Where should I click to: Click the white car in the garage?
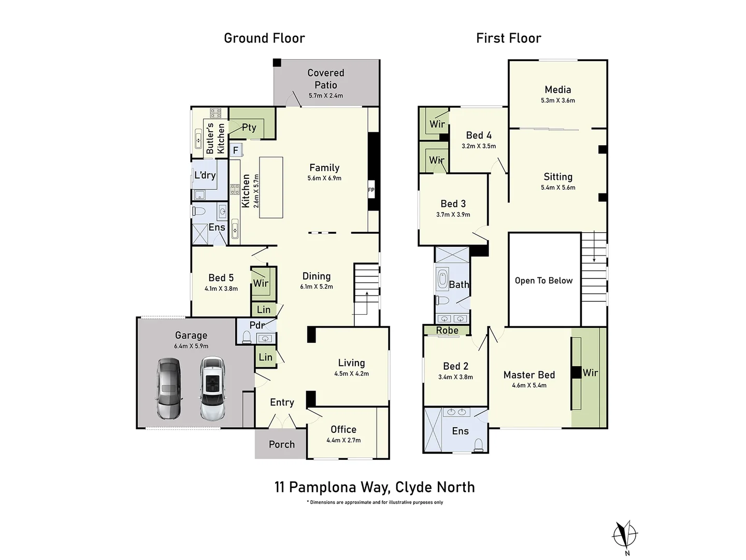tap(212, 388)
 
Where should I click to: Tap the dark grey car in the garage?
tap(169, 388)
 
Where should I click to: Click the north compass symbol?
tap(625, 535)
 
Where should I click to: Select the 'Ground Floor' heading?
tap(264, 38)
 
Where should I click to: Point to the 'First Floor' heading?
tap(508, 38)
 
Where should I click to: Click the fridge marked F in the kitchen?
tap(236, 150)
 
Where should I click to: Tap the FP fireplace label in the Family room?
tap(371, 190)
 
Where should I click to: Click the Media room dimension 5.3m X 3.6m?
tap(558, 100)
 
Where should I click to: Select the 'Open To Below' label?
tap(543, 281)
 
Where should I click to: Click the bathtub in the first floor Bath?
tap(442, 279)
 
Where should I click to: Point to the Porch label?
tap(282, 444)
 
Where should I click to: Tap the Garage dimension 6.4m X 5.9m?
tap(191, 346)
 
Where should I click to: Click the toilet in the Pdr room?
tap(247, 337)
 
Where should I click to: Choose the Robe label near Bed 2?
tap(447, 330)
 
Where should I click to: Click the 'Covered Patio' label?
tap(325, 79)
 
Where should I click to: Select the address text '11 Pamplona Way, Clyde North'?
tap(375, 487)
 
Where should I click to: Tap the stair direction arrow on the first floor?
tap(594, 246)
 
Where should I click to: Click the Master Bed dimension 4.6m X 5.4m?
tap(529, 385)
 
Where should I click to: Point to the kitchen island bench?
tap(271, 187)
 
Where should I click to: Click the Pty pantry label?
tap(249, 128)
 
